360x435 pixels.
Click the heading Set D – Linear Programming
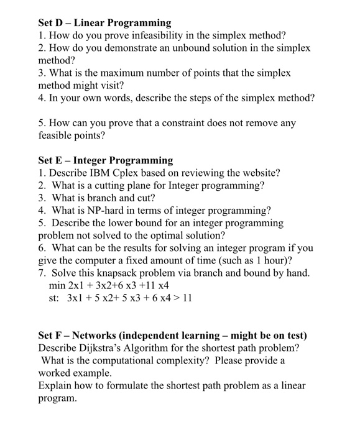(104, 23)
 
